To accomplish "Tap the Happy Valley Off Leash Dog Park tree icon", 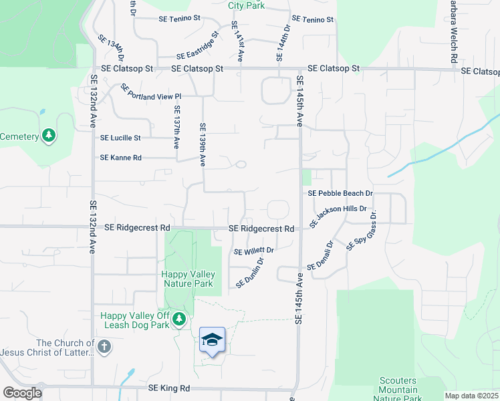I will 178,320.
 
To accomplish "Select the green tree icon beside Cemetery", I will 48,136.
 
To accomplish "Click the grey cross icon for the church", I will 103,347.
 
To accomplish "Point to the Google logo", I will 22,393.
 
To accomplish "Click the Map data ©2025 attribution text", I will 471,396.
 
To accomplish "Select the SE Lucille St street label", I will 120,138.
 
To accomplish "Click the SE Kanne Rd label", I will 120,158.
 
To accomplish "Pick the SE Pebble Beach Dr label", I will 340,193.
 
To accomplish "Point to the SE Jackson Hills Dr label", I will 339,216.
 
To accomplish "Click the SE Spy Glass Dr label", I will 362,230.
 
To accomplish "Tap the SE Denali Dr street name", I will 320,256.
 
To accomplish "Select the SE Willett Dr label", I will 254,251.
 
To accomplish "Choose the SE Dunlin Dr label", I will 251,273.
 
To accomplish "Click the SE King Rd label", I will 169,388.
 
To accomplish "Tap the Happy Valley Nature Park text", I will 189,279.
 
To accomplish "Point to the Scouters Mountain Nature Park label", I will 398,390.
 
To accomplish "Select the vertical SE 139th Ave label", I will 203,144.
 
